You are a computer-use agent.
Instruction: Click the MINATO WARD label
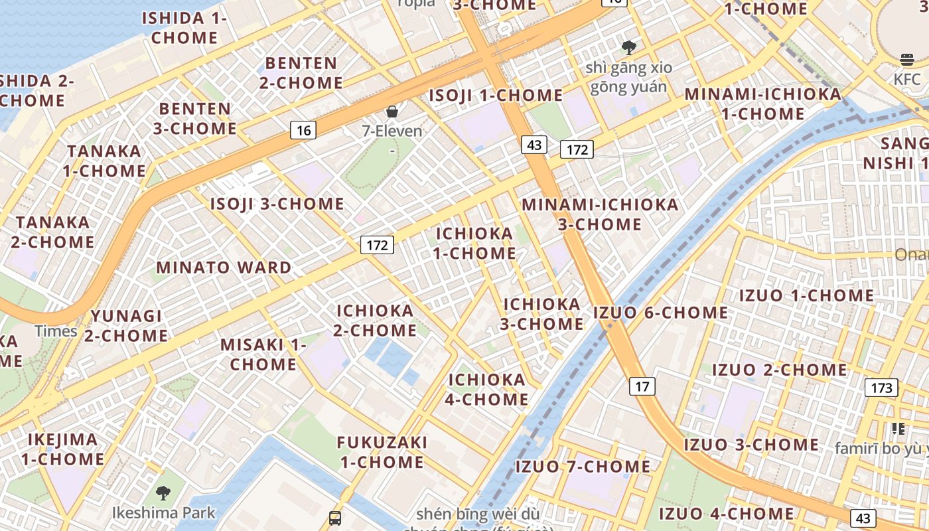click(224, 267)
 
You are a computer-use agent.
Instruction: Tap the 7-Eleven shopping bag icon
click(392, 111)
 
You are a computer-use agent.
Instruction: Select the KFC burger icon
click(907, 60)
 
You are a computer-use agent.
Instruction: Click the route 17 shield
click(642, 386)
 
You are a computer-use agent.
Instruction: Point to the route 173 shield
click(881, 387)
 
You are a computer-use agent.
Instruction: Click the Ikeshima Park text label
click(164, 512)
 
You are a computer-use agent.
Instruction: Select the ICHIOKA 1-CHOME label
click(474, 243)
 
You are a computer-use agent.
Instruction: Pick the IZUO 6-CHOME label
click(660, 312)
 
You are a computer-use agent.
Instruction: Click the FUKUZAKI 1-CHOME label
click(382, 452)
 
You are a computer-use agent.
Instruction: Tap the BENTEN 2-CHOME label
click(301, 73)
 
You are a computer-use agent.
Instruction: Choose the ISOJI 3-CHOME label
click(277, 204)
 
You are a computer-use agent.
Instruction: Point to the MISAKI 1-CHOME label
click(263, 354)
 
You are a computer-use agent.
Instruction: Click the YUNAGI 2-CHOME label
click(126, 325)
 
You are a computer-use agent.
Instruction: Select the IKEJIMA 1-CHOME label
click(62, 449)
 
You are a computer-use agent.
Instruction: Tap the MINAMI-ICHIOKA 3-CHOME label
click(600, 214)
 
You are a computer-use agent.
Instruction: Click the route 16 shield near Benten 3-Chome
click(303, 130)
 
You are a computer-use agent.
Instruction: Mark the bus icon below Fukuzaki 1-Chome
click(335, 518)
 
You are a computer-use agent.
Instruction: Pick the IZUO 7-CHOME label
click(583, 466)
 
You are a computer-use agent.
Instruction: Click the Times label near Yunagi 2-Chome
click(56, 331)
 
